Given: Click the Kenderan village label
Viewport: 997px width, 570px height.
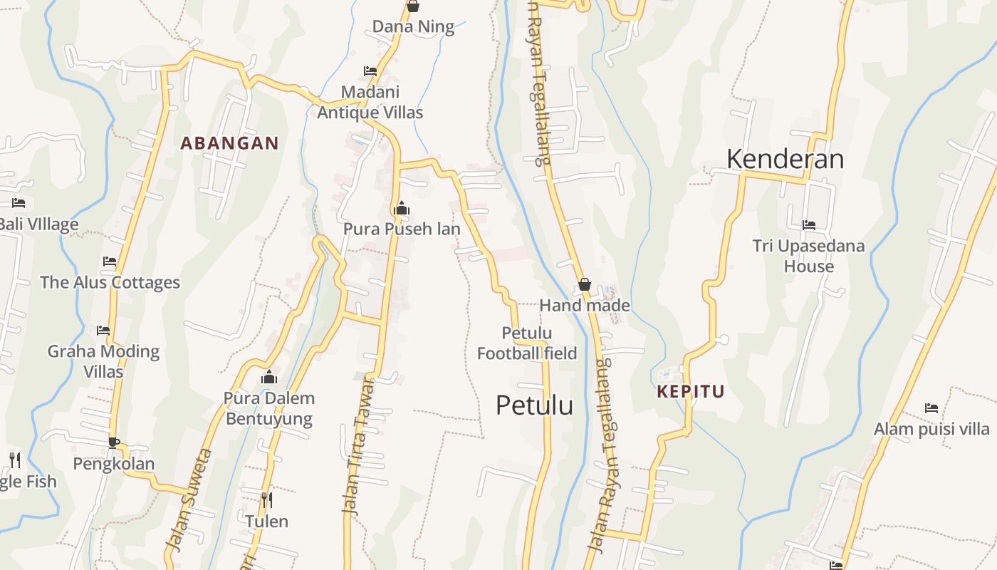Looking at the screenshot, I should tap(785, 159).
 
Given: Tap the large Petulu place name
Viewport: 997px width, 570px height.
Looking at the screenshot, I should tap(534, 405).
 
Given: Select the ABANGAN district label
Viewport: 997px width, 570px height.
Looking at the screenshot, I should tap(229, 143).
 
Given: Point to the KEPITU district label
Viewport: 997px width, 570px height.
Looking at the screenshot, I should tap(690, 391).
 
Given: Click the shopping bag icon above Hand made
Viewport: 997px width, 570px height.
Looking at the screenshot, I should tap(584, 284).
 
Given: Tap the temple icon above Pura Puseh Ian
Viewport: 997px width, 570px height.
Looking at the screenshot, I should tap(402, 208).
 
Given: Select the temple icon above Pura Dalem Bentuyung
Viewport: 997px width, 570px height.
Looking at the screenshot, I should tap(269, 377).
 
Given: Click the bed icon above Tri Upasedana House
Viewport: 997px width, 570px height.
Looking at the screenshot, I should tap(809, 225).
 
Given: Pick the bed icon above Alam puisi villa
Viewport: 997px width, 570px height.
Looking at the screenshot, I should tap(931, 408).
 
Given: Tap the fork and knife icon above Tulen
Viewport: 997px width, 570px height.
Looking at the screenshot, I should tap(266, 499).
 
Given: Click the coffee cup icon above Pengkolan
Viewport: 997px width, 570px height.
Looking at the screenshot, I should tap(113, 442).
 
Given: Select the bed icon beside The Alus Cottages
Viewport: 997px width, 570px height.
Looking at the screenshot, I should tap(110, 261).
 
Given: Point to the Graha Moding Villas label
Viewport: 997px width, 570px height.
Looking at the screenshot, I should tap(103, 361).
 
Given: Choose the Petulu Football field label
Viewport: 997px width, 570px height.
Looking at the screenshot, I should tap(527, 343).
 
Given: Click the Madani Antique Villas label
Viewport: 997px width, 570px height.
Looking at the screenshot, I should tap(370, 102).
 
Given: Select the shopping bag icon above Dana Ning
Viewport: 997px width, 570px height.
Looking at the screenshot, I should tap(412, 6).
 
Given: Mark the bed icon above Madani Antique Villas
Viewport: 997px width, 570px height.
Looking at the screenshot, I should tap(370, 71).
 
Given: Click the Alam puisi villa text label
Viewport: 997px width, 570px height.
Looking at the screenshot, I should tap(931, 429).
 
